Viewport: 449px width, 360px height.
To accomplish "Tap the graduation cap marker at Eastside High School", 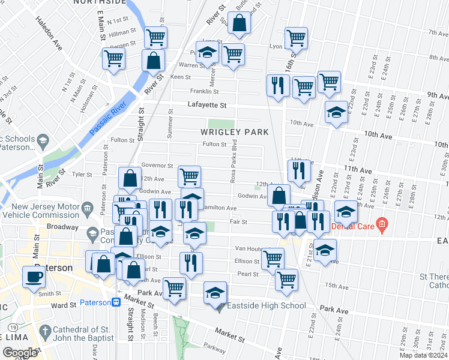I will tap(215, 293).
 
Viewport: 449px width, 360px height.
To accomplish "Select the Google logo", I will tap(20, 353).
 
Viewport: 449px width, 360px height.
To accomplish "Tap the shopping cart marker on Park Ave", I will tap(175, 289).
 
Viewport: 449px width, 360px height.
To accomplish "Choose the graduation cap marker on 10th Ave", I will tap(336, 112).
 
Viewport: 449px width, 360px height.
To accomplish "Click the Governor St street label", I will tap(157, 166).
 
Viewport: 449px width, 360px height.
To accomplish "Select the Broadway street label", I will tap(62, 227).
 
